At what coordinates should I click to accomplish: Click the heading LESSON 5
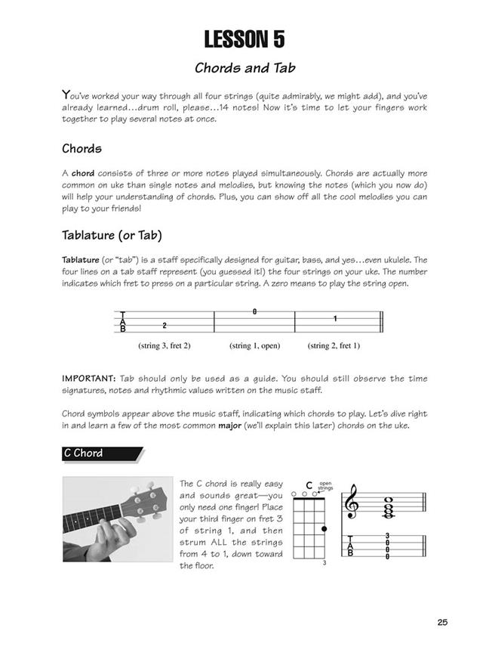pos(244,39)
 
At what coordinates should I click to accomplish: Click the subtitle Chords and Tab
pos(244,67)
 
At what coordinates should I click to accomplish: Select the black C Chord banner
pos(101,453)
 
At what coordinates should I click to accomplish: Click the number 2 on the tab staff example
pos(165,325)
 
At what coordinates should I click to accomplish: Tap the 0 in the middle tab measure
pos(255,311)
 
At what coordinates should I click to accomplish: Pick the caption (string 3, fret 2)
pos(165,345)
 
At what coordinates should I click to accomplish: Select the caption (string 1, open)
pos(255,345)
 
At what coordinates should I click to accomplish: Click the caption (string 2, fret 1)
pos(334,345)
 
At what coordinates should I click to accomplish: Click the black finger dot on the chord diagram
pos(324,528)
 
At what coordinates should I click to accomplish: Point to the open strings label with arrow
pos(325,485)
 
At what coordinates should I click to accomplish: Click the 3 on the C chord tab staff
pos(387,536)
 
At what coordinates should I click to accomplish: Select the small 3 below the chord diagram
pos(324,564)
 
